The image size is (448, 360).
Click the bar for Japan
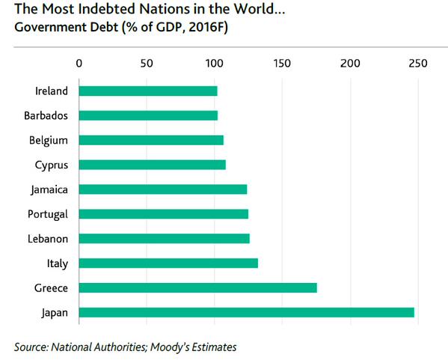pos(246,312)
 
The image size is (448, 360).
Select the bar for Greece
pos(197,287)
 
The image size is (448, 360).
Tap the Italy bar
pos(168,263)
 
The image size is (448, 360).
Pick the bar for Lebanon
pos(164,239)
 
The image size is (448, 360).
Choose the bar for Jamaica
pos(162,189)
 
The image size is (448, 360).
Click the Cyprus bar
pos(152,165)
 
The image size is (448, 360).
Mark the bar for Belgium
pos(151,140)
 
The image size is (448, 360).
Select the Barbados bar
pos(148,116)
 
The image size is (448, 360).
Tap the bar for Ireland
pos(148,91)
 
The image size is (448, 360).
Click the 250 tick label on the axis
pos(417,62)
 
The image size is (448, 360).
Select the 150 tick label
pos(282,62)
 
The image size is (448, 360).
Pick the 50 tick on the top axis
pos(147,62)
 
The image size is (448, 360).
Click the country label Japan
pos(55,312)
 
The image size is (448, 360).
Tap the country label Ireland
pos(52,91)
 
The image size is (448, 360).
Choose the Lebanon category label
pos(48,239)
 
